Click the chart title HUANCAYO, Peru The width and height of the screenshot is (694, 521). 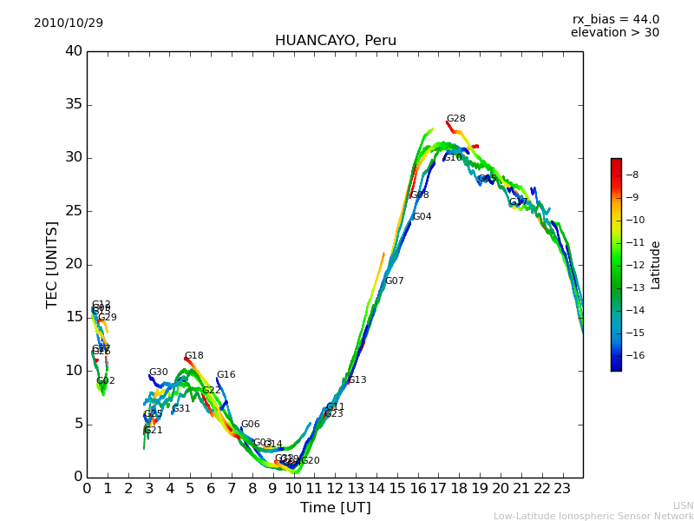click(x=335, y=41)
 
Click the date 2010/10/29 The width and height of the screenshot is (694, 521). click(x=69, y=23)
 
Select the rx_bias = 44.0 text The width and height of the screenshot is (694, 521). click(x=615, y=20)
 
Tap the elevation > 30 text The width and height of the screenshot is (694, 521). click(x=614, y=33)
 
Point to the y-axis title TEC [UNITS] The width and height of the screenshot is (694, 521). click(x=53, y=264)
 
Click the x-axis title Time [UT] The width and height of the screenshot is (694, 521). click(x=335, y=508)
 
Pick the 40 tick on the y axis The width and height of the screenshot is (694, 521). click(x=74, y=51)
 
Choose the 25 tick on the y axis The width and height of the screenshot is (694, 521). click(x=74, y=211)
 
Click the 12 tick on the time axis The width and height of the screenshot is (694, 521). click(x=335, y=489)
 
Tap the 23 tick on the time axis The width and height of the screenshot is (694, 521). click(x=562, y=489)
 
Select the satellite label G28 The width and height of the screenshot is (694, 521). click(x=455, y=119)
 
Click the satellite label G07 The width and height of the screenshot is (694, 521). click(x=394, y=281)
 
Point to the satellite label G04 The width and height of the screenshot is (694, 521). click(x=422, y=217)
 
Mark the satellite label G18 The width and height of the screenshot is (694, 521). click(x=193, y=356)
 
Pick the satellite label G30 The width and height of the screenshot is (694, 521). click(x=158, y=373)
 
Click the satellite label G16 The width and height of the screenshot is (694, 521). click(x=226, y=375)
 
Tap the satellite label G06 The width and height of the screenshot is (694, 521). click(x=250, y=425)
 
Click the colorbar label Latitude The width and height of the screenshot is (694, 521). click(x=656, y=265)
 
